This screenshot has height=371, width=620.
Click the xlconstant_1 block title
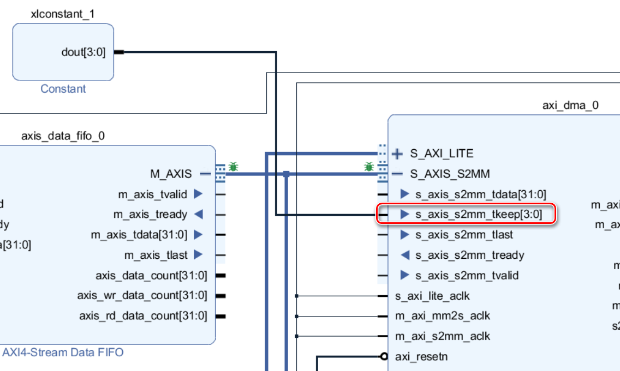[x=63, y=14]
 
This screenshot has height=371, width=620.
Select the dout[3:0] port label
[x=84, y=52]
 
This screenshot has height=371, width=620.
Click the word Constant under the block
[x=63, y=89]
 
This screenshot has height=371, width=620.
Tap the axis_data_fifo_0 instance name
[x=63, y=136]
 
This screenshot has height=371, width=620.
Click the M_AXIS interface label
[x=171, y=174]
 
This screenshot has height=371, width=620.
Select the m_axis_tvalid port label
[x=152, y=194]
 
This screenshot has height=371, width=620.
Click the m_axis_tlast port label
[x=156, y=255]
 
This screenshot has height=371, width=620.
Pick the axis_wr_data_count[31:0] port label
[x=142, y=295]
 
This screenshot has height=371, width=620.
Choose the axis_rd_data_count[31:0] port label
[x=143, y=315]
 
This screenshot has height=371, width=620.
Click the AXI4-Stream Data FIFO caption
[x=63, y=352]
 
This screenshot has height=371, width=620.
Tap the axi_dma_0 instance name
[x=570, y=105]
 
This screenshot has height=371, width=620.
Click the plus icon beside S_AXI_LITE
[x=397, y=154]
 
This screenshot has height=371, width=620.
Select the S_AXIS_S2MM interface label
[x=450, y=174]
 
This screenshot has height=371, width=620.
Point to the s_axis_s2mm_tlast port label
[x=464, y=235]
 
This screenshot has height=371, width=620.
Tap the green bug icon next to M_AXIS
[x=233, y=167]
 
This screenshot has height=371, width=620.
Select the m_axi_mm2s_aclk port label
[x=442, y=315]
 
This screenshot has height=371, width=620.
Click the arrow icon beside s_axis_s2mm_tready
[x=404, y=255]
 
